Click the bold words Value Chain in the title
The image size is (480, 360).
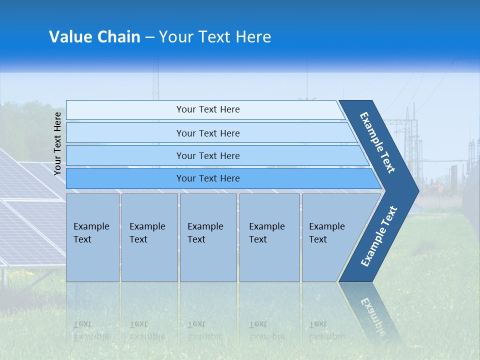click(x=94, y=37)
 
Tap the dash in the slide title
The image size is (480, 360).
click(x=149, y=37)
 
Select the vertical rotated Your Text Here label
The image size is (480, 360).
click(x=57, y=143)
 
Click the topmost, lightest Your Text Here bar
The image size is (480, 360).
click(x=207, y=109)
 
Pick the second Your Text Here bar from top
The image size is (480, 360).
click(x=207, y=133)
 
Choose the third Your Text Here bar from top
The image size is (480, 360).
click(x=207, y=155)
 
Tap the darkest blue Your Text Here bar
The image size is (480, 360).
click(x=207, y=178)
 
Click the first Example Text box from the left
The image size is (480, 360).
click(x=92, y=237)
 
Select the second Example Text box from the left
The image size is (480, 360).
click(x=149, y=237)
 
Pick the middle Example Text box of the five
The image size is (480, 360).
click(x=207, y=237)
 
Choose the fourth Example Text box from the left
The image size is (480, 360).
click(x=269, y=237)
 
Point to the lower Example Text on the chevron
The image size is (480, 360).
click(x=378, y=236)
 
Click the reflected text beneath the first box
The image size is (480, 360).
click(x=91, y=330)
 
